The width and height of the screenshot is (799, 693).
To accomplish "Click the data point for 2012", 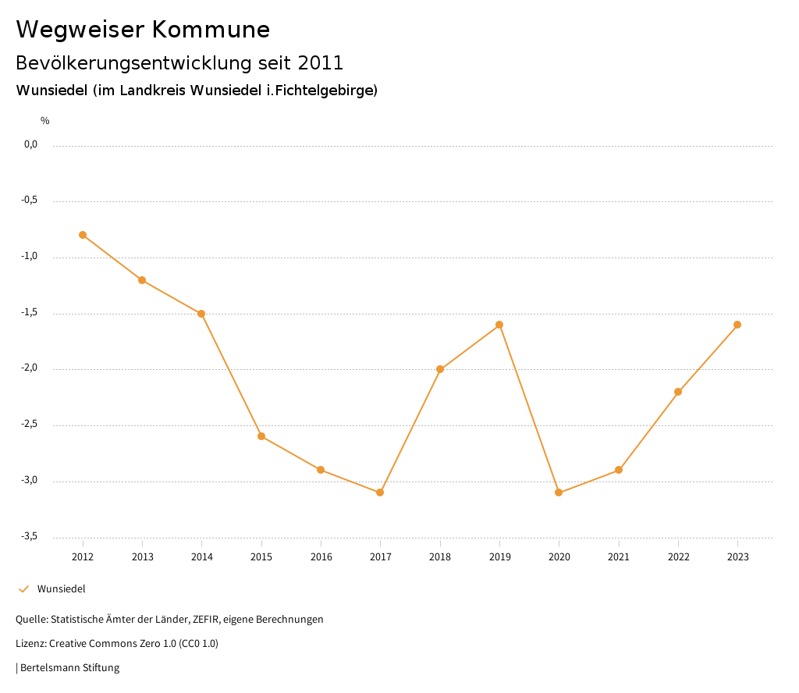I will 83,235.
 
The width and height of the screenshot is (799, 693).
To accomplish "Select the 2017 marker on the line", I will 380,492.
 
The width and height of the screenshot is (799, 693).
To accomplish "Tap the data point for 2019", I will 499,325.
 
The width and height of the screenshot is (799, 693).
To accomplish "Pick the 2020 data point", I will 559,492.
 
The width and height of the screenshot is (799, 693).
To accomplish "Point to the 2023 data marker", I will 737,325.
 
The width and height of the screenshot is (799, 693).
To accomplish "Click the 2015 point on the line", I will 261,436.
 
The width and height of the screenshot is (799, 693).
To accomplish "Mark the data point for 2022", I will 678,392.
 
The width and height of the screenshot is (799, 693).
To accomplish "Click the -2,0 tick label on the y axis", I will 30,368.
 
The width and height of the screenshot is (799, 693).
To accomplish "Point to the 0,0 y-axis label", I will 31,144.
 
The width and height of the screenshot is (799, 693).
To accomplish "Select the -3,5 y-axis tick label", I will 30,536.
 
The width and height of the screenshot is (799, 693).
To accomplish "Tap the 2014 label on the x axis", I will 202,556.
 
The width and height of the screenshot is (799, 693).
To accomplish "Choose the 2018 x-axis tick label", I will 440,556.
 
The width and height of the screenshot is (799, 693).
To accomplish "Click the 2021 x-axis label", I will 619,556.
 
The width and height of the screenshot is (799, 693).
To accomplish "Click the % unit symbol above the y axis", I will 45,121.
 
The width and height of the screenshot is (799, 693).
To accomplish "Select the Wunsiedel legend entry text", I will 62,589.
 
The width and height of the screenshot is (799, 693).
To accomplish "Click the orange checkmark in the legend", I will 23,589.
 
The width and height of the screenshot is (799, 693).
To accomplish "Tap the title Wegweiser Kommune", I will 143,30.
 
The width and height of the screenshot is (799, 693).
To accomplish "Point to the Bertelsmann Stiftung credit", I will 69,668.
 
